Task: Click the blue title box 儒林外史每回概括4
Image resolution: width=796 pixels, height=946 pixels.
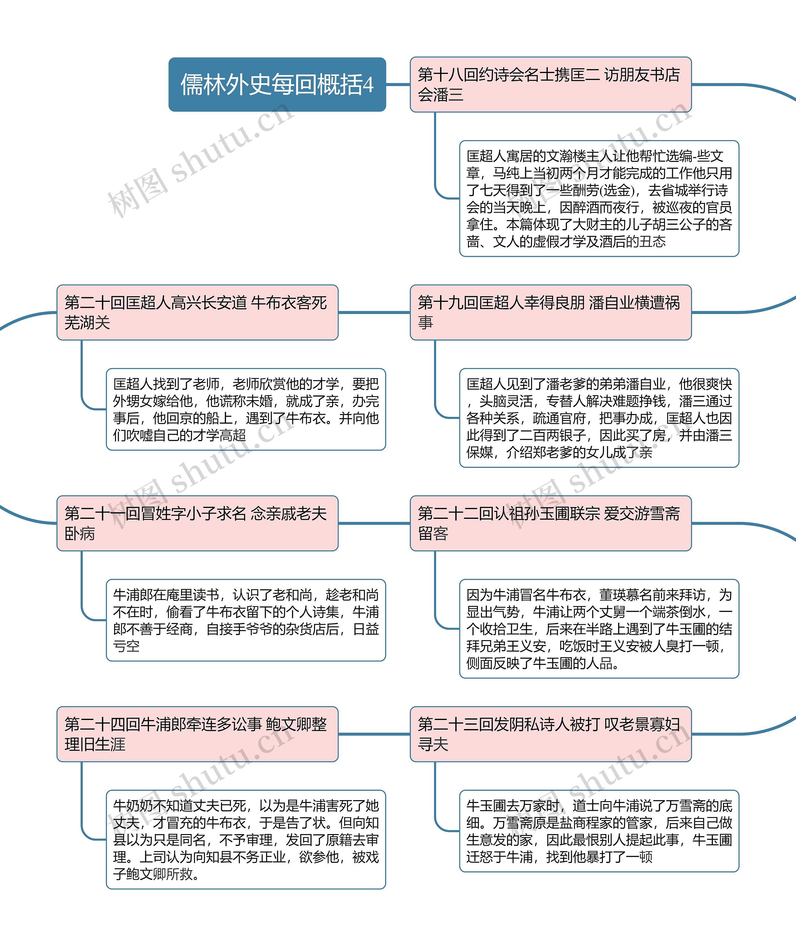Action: click(277, 84)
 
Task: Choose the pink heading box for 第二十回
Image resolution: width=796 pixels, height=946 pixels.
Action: click(197, 312)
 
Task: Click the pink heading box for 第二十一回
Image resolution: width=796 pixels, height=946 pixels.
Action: click(197, 523)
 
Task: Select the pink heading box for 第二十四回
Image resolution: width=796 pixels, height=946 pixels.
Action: click(197, 734)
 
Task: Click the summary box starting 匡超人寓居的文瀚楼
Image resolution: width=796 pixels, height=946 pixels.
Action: click(599, 198)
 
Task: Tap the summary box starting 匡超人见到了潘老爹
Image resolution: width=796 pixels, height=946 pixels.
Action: click(599, 418)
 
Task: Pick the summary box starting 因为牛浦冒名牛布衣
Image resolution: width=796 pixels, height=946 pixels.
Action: click(599, 628)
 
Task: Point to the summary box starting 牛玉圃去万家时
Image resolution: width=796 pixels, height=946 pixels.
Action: click(599, 831)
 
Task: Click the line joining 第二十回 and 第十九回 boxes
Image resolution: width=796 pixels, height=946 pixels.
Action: click(374, 312)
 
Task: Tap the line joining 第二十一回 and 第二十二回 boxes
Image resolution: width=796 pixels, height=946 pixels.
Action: click(374, 523)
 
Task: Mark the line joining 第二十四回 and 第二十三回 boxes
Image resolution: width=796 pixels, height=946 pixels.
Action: click(374, 734)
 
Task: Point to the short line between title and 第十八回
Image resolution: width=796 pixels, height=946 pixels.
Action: click(398, 84)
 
